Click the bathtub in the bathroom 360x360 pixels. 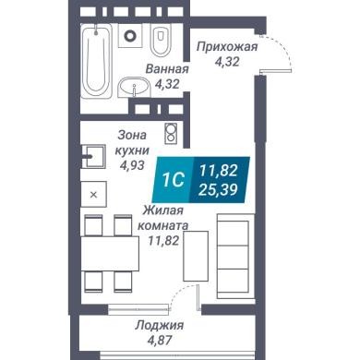click(x=96, y=61)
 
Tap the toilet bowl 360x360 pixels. click(x=161, y=41)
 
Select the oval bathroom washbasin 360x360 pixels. click(x=134, y=87)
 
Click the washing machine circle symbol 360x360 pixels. click(x=130, y=36)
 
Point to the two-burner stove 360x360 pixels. click(x=171, y=133)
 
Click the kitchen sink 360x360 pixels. click(x=94, y=156)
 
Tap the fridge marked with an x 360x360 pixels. click(x=94, y=194)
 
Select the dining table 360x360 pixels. click(x=110, y=254)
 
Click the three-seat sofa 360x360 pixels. click(x=235, y=257)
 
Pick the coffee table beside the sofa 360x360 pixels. click(x=196, y=256)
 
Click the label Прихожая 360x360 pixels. click(x=227, y=47)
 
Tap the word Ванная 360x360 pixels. click(x=167, y=69)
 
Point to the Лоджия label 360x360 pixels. click(x=160, y=326)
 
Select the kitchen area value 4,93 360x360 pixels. click(x=132, y=165)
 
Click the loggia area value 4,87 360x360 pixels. click(x=160, y=341)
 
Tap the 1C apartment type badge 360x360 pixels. click(x=174, y=180)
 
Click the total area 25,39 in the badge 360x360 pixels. click(x=218, y=190)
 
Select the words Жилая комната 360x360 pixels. click(x=163, y=218)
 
